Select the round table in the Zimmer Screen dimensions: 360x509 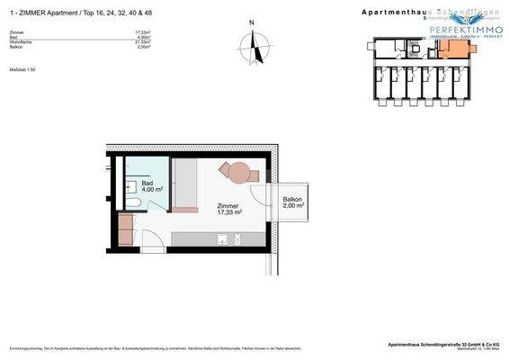(238, 171)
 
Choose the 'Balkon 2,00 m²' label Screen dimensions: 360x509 (292, 202)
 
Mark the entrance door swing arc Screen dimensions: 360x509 (155, 233)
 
